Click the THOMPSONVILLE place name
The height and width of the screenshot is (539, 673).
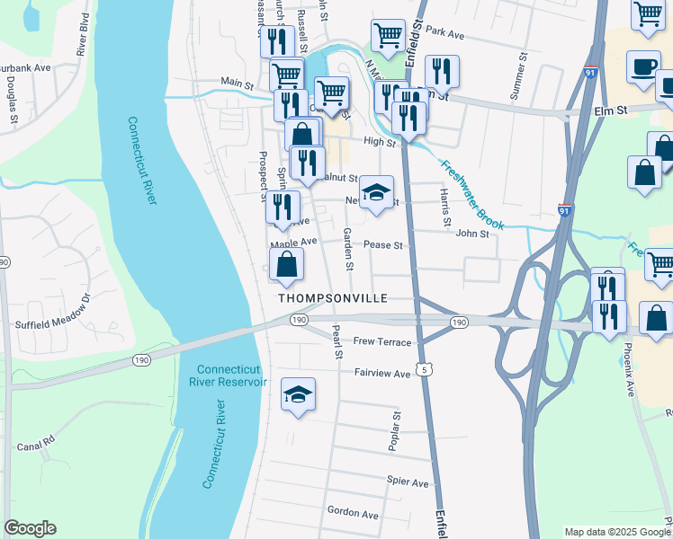pos(332,297)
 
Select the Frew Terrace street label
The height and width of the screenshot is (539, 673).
pos(382,342)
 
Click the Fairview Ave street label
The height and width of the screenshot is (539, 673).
pos(382,372)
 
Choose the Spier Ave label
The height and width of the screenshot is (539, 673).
pos(408,482)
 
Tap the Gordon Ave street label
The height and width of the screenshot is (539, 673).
pos(353,513)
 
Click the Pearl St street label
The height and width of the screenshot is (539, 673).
pos(338,343)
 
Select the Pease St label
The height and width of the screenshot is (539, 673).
pos(387,244)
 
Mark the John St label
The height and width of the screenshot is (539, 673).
pos(471,234)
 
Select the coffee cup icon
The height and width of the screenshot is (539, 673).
pos(644,68)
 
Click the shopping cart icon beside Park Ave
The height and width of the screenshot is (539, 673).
pos(388,36)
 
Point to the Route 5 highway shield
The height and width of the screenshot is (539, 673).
pos(421,371)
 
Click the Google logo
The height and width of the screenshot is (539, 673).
pos(30,528)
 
